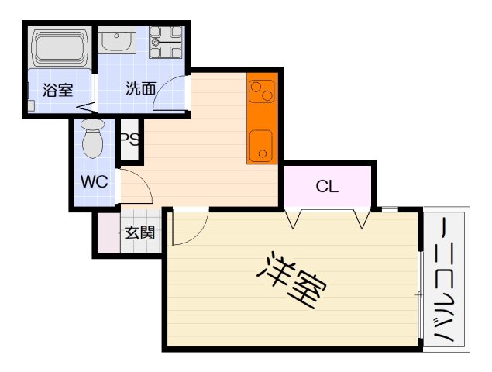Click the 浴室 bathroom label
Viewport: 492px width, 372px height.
57,89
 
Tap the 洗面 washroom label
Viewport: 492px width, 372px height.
140,88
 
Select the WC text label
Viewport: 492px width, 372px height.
95,184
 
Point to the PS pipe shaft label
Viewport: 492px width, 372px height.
129,141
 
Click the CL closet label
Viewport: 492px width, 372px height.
328,187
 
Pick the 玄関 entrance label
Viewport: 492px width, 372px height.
140,231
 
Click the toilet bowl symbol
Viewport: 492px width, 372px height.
93,138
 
